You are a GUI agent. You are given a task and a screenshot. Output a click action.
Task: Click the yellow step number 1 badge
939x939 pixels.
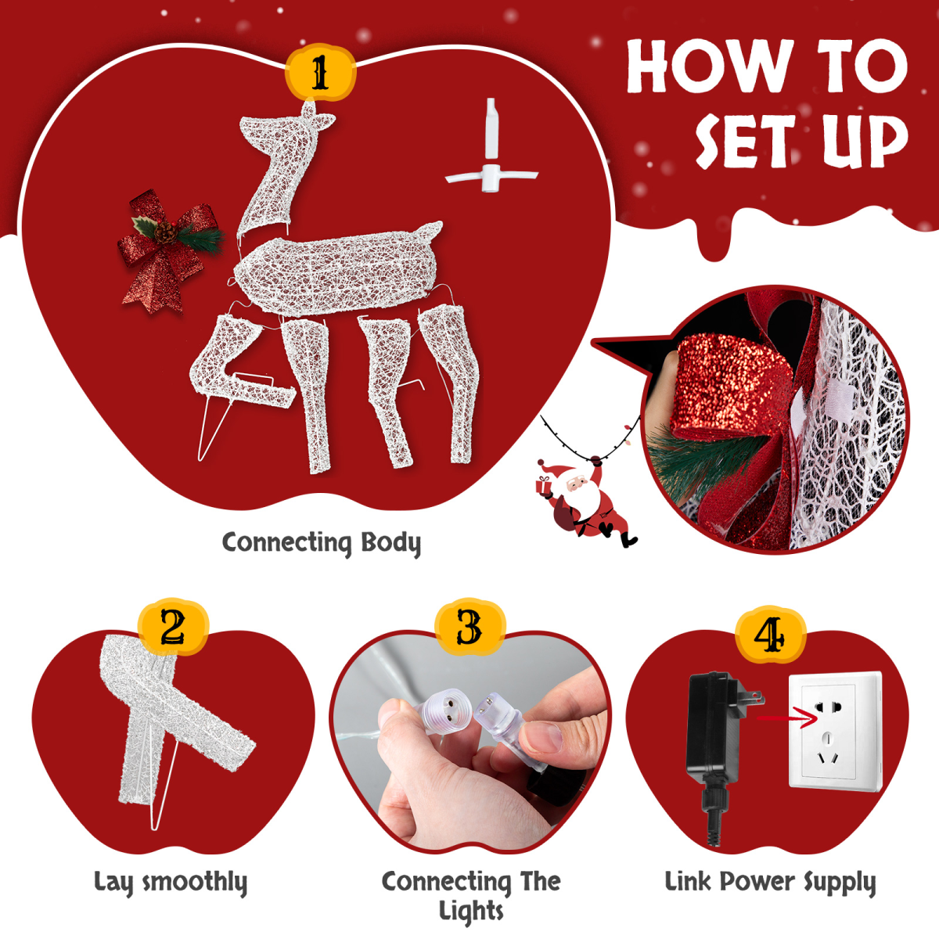(x=320, y=72)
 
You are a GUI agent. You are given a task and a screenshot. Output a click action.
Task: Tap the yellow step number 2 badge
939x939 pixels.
(x=173, y=627)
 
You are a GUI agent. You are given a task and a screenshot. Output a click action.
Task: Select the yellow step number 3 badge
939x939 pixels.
(x=469, y=627)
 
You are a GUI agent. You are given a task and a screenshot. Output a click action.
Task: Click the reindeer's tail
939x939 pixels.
(x=428, y=232)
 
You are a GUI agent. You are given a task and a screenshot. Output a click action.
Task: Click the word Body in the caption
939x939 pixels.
(x=390, y=543)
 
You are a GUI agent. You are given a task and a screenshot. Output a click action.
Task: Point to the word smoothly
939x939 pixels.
(x=195, y=883)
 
